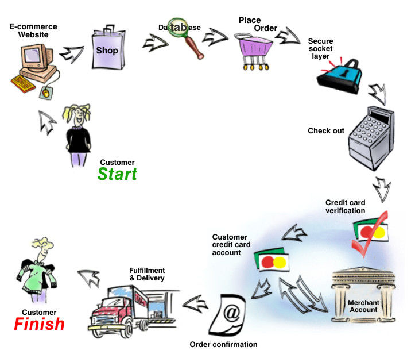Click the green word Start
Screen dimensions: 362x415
117,174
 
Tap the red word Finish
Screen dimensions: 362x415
39,324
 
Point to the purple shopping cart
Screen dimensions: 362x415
253,49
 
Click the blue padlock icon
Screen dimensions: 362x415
339,78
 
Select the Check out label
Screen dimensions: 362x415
326,131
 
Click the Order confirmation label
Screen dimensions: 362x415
223,345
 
